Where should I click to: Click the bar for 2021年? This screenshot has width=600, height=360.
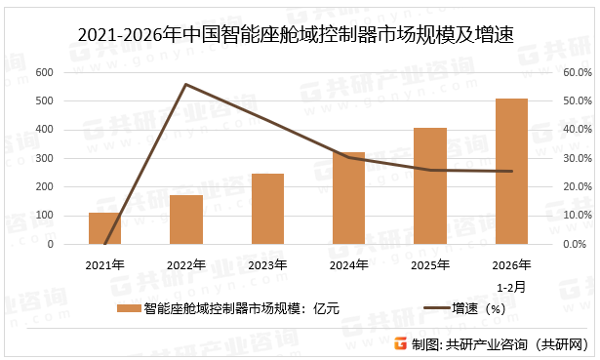click(104, 228)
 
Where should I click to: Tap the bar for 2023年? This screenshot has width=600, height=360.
click(267, 209)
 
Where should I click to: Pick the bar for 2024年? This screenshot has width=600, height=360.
click(348, 198)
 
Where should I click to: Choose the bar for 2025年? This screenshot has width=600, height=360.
click(430, 186)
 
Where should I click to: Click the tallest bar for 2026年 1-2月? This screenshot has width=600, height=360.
click(511, 172)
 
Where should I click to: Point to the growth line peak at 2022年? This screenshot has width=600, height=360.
click(185, 84)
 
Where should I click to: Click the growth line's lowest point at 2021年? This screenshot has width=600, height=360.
click(104, 243)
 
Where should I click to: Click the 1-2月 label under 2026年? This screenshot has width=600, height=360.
click(511, 288)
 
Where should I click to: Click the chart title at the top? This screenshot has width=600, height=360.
click(300, 35)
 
